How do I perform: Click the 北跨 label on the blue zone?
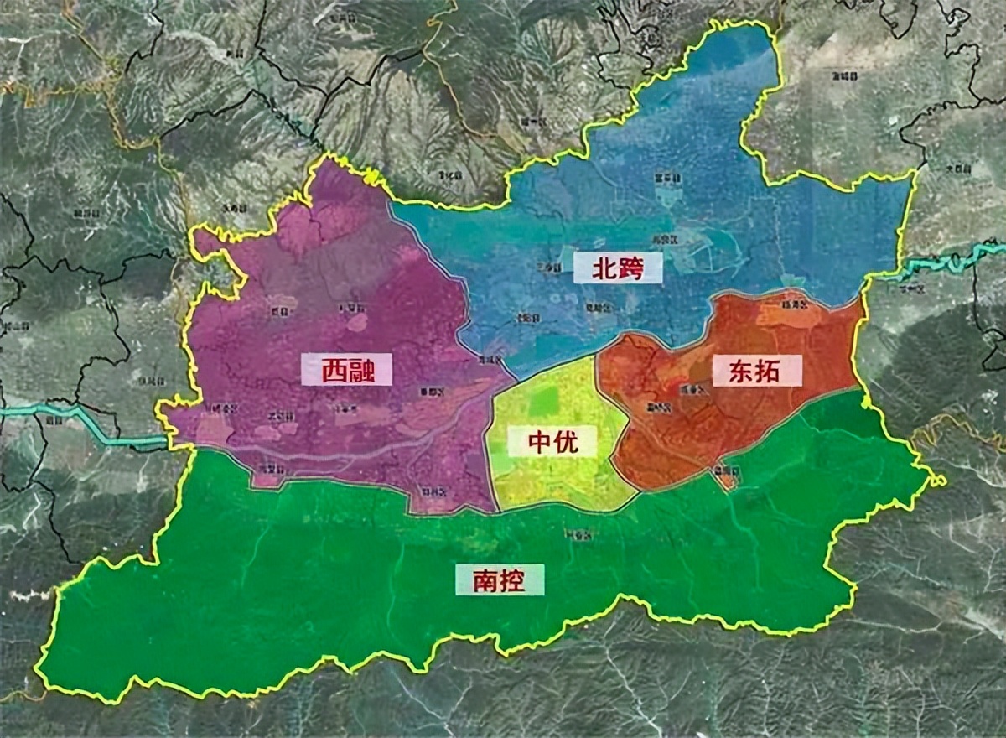616,268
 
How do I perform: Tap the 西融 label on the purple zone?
346,369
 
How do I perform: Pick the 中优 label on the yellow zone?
552,441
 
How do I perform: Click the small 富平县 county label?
668,178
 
